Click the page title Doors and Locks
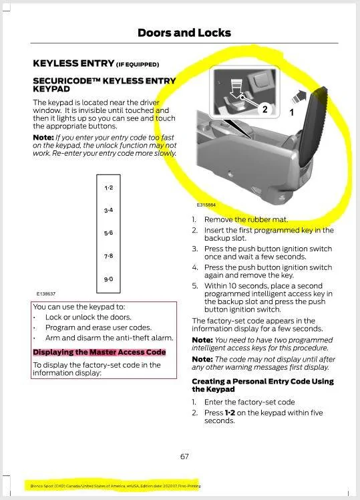(x=184, y=33)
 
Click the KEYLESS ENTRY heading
(x=73, y=64)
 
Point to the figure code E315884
(x=206, y=205)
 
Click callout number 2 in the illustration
(x=264, y=109)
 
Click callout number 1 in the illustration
(x=291, y=113)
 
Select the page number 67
(x=184, y=457)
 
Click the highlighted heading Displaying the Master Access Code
(x=99, y=352)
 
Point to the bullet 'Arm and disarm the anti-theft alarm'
(x=109, y=338)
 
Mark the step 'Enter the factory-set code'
(x=249, y=402)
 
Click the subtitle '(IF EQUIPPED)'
(x=138, y=65)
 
